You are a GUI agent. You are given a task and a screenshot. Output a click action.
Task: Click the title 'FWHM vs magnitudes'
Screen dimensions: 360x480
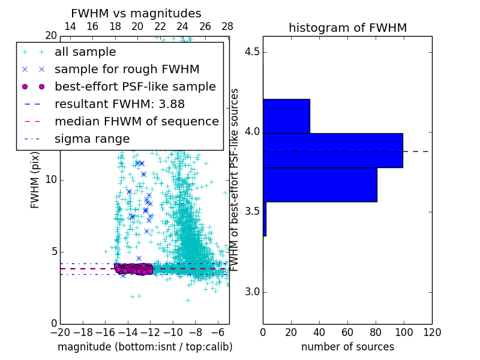136,14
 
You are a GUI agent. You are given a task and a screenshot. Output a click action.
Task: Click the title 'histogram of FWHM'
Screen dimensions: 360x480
347,28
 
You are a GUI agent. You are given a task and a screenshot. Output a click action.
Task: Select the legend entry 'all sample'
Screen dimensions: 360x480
85,52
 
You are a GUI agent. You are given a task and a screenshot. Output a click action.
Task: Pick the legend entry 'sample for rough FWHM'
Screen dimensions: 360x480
127,70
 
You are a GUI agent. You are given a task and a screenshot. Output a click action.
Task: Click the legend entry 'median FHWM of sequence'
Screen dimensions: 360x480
136,121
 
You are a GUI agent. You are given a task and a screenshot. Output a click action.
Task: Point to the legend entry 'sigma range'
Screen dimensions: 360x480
92,139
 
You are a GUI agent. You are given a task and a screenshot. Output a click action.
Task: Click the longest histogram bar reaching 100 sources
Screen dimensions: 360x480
332,151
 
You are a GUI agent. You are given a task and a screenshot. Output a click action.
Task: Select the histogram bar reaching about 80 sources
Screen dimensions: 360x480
320,185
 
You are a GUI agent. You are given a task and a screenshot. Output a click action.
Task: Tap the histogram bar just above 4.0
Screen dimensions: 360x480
286,116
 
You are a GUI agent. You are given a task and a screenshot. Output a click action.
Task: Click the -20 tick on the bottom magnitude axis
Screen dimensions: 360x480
60,332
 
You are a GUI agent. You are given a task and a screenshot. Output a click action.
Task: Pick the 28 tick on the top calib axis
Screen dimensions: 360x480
227,27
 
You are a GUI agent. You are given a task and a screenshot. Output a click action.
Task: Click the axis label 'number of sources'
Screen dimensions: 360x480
347,347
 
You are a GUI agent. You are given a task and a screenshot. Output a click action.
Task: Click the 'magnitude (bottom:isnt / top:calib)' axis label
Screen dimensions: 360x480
145,347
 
